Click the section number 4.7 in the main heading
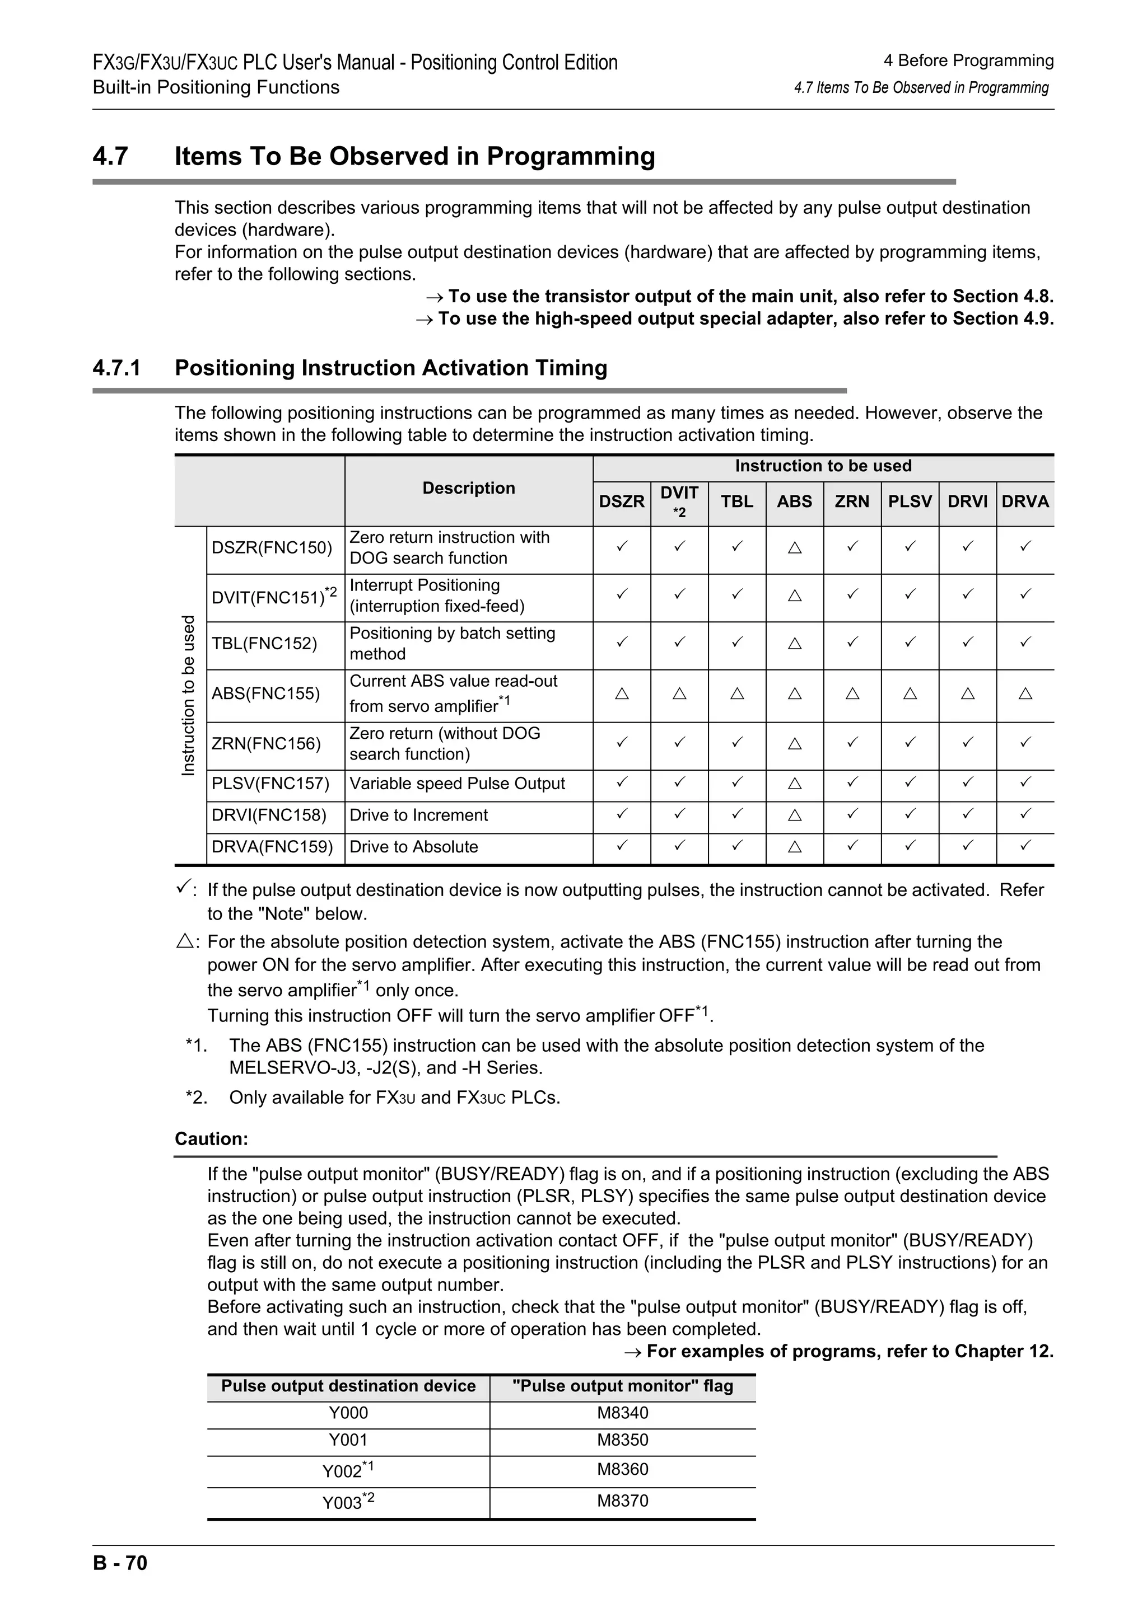click(110, 156)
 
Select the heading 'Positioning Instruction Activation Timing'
click(390, 368)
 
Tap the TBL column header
click(736, 501)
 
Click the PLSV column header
click(910, 501)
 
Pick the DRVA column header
click(1025, 501)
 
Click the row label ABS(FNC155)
click(265, 693)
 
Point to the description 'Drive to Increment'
click(418, 815)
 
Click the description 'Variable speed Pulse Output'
click(457, 784)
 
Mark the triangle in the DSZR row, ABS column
click(794, 547)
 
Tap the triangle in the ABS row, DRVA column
click(1025, 693)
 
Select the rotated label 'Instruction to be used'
click(188, 696)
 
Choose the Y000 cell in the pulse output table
click(348, 1413)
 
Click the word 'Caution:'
click(211, 1139)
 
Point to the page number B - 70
click(120, 1582)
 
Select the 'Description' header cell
click(469, 488)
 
